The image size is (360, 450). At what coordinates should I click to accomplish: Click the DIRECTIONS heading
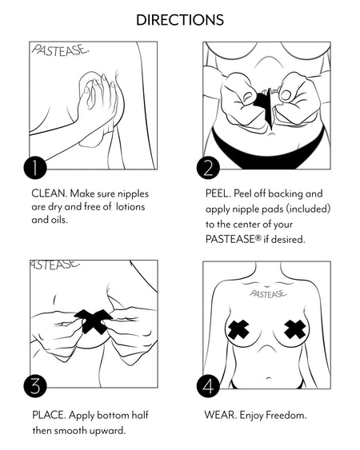click(x=180, y=20)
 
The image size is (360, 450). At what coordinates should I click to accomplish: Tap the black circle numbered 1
click(x=34, y=168)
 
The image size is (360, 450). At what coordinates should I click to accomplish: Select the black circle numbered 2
click(x=208, y=168)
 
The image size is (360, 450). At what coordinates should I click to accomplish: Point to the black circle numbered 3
click(x=34, y=386)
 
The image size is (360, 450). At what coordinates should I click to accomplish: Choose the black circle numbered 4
click(x=208, y=386)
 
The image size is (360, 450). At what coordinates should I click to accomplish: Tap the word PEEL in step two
click(x=218, y=193)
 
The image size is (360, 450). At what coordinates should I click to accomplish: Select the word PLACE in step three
click(x=49, y=415)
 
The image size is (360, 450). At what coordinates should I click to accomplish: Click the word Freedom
click(x=286, y=415)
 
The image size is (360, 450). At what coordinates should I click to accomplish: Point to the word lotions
click(x=130, y=207)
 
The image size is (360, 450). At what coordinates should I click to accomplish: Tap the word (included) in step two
click(x=308, y=209)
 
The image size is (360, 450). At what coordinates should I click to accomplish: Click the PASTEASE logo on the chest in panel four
click(x=268, y=294)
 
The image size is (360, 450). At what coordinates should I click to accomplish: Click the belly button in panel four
click(x=268, y=378)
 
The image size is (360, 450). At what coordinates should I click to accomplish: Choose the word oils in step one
click(x=59, y=220)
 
